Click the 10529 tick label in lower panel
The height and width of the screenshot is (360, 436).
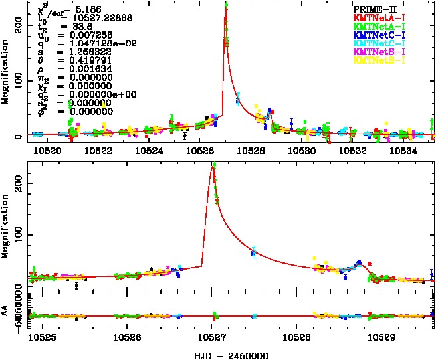380,337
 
